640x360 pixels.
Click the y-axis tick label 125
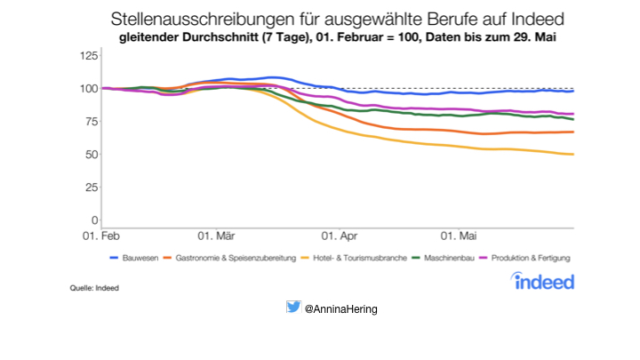[x=89, y=55]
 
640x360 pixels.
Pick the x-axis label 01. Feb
[x=101, y=236]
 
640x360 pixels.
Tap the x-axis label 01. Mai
[x=459, y=236]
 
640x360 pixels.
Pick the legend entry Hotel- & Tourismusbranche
[x=358, y=258]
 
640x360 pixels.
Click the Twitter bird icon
[x=292, y=308]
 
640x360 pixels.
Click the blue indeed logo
[x=543, y=281]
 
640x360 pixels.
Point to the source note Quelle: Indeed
[x=94, y=288]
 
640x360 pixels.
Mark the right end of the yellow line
[x=573, y=155]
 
